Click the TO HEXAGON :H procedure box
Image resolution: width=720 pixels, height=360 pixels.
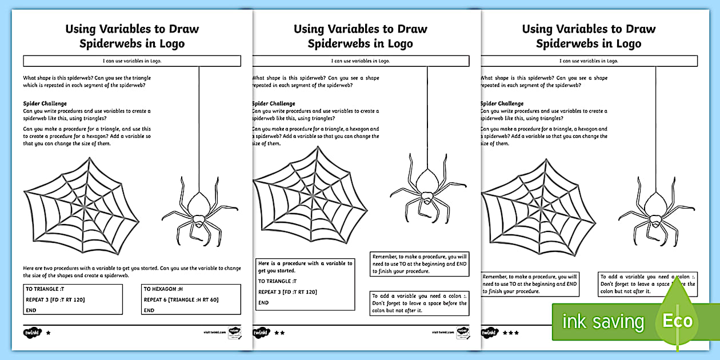click(x=190, y=299)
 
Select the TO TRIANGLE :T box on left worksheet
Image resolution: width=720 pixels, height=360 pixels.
click(x=73, y=299)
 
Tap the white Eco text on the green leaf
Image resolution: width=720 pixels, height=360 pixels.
click(x=678, y=321)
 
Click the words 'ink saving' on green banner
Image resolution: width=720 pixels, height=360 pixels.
click(x=603, y=322)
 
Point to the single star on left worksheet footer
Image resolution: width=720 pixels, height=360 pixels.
click(x=48, y=331)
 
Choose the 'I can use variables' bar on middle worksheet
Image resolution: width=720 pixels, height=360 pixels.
click(x=361, y=61)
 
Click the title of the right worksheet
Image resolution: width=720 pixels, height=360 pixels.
click(x=589, y=36)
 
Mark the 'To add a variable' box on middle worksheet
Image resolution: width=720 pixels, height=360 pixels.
click(x=419, y=303)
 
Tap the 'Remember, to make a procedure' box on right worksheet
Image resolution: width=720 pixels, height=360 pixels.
click(x=530, y=283)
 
